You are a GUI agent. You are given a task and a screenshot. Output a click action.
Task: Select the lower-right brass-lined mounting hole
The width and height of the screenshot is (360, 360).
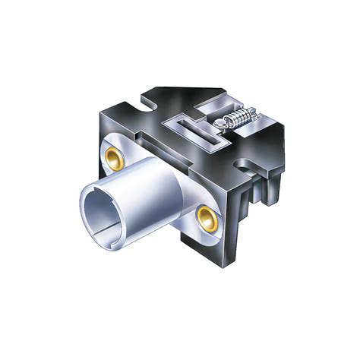(205, 218)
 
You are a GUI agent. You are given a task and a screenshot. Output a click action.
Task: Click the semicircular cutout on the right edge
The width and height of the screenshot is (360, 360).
(245, 161)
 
